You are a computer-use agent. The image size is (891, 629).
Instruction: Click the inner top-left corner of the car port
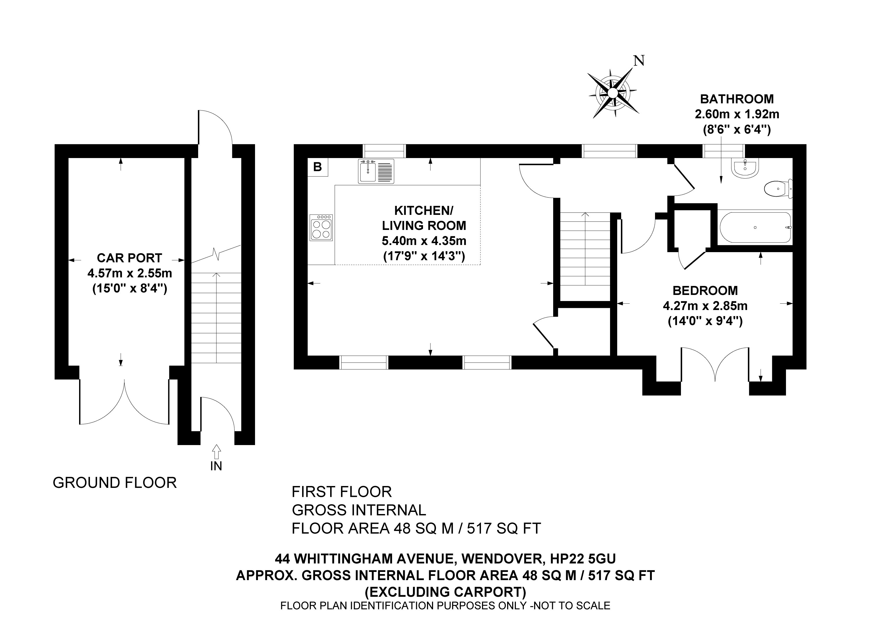[x=69, y=158]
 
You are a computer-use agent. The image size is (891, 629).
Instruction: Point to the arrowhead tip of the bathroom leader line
[x=721, y=183]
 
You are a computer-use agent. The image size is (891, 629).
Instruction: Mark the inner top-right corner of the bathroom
[x=792, y=158]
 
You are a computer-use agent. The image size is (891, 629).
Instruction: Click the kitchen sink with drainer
[x=376, y=171]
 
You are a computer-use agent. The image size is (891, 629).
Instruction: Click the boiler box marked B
[x=318, y=167]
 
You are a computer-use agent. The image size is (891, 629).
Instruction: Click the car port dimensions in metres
[x=130, y=273]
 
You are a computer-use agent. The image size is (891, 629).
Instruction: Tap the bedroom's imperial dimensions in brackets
[x=705, y=321]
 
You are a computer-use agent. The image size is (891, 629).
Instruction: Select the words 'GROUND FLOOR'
[x=115, y=483]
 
